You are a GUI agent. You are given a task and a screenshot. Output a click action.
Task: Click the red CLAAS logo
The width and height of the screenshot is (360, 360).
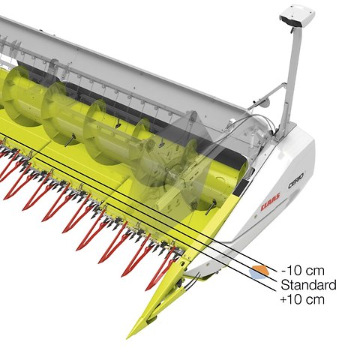270,202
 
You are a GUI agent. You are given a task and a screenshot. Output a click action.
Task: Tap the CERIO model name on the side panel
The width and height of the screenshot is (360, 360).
296,181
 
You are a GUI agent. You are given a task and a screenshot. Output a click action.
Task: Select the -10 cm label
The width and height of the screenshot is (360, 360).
303,271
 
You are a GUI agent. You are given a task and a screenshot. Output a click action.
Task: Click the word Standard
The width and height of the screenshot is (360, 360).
308,285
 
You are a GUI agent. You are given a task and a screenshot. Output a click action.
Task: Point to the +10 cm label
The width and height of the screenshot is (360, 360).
302,299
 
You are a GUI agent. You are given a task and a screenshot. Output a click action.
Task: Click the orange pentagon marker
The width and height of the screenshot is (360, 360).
260,270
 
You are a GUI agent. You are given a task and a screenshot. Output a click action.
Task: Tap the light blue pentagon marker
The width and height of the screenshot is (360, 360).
257,274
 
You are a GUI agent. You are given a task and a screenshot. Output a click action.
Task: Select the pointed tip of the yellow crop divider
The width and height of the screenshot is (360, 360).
127,338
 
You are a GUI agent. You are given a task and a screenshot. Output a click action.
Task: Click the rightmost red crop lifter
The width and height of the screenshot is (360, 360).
160,270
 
